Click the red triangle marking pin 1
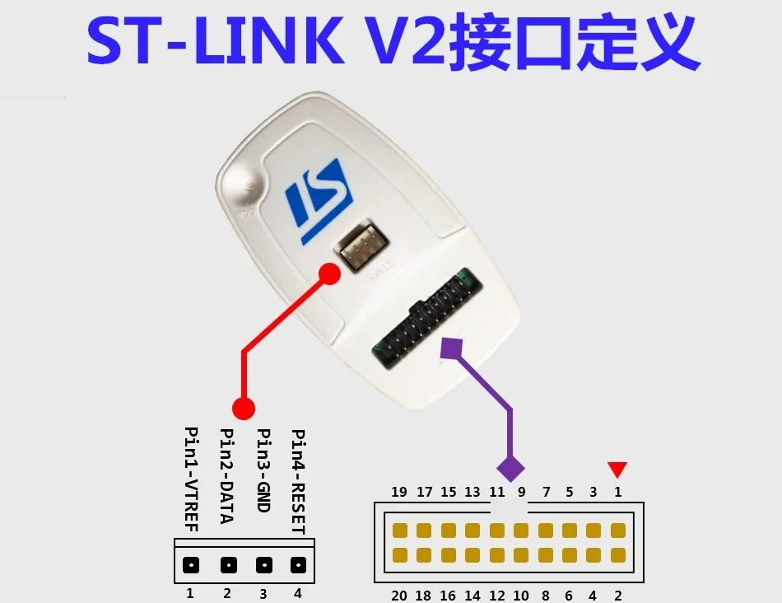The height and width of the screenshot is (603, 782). [617, 469]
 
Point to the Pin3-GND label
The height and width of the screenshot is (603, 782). [263, 470]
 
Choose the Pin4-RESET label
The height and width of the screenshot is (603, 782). [298, 482]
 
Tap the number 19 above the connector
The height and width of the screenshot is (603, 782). [399, 493]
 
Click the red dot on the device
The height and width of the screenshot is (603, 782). [329, 274]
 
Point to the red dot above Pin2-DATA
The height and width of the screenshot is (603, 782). [243, 407]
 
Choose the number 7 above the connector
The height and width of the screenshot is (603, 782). [546, 493]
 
